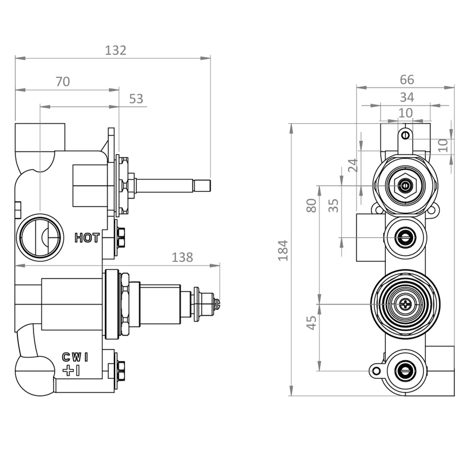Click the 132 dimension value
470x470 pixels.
116,50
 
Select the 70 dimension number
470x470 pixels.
63,82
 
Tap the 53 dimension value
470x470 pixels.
136,99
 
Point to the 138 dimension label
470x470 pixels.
182,257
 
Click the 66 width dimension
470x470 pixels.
407,80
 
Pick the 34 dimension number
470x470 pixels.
407,97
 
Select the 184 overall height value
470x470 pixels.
282,250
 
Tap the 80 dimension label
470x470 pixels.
311,205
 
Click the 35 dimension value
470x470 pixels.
333,205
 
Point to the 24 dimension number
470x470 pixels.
353,165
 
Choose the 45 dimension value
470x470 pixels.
311,322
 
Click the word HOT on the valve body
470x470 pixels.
87,238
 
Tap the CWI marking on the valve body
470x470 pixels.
75,357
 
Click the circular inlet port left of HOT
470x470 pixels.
40,237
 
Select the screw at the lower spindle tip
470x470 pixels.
217,303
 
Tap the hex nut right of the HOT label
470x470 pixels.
121,237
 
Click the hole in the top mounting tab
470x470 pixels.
405,135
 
